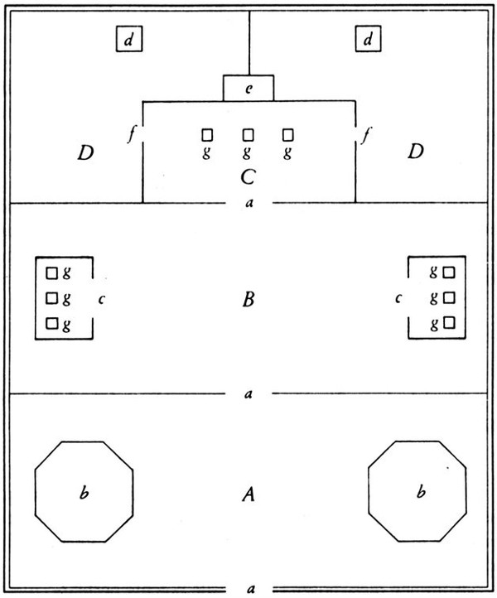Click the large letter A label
[248, 494]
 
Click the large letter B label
[248, 299]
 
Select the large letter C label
[248, 177]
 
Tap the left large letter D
[85, 152]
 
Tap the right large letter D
[415, 152]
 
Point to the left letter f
[132, 134]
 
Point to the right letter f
[366, 135]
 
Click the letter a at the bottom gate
[250, 589]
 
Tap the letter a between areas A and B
[248, 393]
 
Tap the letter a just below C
[249, 203]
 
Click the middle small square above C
[248, 135]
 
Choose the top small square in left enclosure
[52, 273]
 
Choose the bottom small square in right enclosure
[449, 323]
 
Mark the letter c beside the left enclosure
[101, 299]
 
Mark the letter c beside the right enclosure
[398, 298]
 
